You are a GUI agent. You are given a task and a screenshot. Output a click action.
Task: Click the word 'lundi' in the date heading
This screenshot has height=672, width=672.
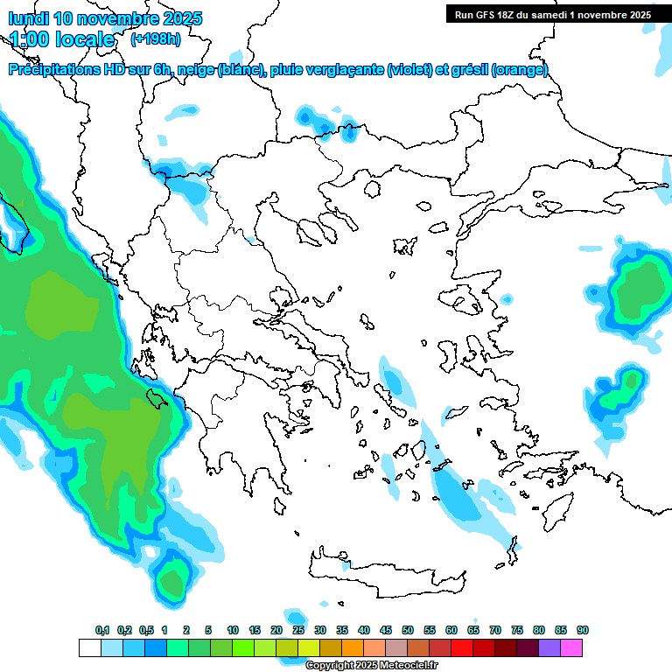click(x=28, y=18)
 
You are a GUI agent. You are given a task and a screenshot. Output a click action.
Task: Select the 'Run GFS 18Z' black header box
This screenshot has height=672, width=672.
click(x=551, y=14)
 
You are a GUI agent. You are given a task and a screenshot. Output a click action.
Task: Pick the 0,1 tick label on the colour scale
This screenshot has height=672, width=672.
click(x=102, y=630)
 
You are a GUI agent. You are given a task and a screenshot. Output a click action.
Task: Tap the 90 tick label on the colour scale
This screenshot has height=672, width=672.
click(x=583, y=630)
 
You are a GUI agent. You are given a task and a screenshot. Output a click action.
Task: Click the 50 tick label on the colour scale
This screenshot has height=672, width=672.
click(x=408, y=630)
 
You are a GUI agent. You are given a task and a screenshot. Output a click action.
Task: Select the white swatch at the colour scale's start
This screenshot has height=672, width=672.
click(x=89, y=647)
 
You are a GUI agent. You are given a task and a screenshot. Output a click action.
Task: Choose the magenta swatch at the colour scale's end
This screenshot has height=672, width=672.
click(x=572, y=647)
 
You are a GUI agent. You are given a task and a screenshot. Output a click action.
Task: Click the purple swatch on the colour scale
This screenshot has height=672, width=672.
click(x=549, y=647)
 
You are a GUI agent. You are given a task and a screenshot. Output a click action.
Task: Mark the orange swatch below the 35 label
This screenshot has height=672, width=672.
click(x=353, y=647)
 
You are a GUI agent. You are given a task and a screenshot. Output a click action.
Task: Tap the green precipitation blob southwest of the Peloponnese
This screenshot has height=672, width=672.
click(x=173, y=580)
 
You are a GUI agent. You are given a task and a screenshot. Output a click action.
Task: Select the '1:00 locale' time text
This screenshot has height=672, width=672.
click(x=63, y=39)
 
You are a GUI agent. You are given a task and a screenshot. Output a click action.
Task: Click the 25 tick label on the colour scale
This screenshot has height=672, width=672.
click(x=298, y=630)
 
